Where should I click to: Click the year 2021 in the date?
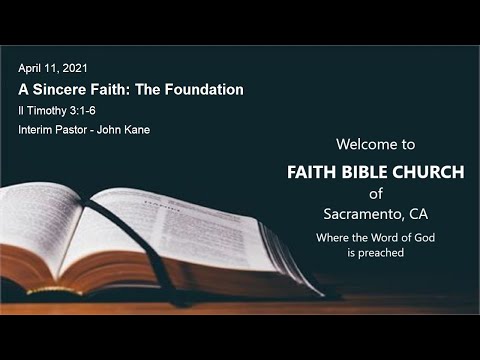click(75, 68)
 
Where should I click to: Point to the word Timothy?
click(46, 109)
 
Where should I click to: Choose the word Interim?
click(36, 130)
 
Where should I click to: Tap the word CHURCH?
click(433, 172)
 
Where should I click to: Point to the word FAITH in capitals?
click(313, 172)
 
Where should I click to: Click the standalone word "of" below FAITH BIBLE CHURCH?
click(375, 193)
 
